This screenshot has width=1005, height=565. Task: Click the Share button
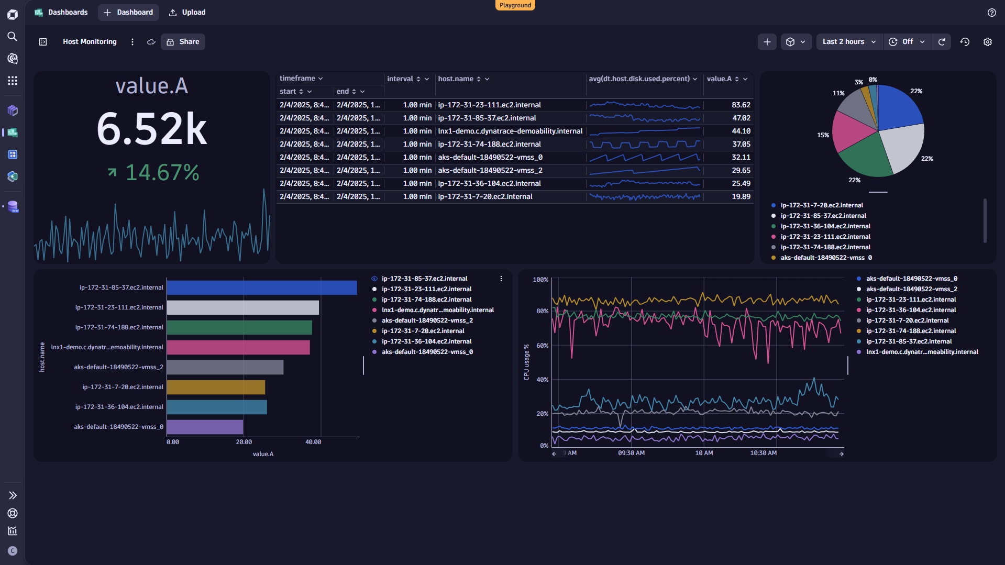[183, 42]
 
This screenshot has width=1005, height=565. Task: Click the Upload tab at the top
[187, 12]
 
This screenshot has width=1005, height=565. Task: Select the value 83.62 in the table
[741, 105]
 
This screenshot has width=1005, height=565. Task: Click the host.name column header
[456, 79]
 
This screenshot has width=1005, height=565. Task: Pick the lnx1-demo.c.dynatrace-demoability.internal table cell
[510, 131]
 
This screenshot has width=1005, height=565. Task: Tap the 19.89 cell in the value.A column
[741, 196]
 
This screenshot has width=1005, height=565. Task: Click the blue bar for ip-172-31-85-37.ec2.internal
[261, 287]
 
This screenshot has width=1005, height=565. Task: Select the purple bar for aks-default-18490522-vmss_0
[205, 427]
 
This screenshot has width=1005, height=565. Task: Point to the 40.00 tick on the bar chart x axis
[313, 442]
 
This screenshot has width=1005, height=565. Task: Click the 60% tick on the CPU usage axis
[542, 346]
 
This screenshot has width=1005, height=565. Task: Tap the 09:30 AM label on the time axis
[631, 453]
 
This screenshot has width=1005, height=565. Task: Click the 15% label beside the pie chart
[823, 135]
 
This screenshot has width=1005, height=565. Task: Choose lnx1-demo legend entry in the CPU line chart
[922, 352]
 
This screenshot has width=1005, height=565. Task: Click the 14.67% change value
[162, 172]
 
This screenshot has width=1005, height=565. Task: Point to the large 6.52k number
[152, 129]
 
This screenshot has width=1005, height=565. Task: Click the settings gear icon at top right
[987, 42]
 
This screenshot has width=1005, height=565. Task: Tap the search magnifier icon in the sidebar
[13, 36]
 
